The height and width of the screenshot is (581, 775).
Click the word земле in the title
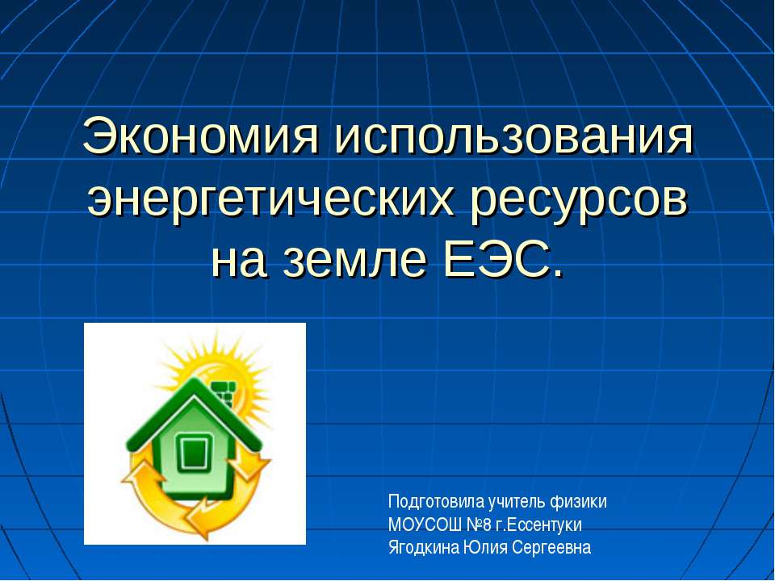[358, 260]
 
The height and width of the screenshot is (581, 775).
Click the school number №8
[478, 525]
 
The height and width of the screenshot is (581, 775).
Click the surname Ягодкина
[424, 548]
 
